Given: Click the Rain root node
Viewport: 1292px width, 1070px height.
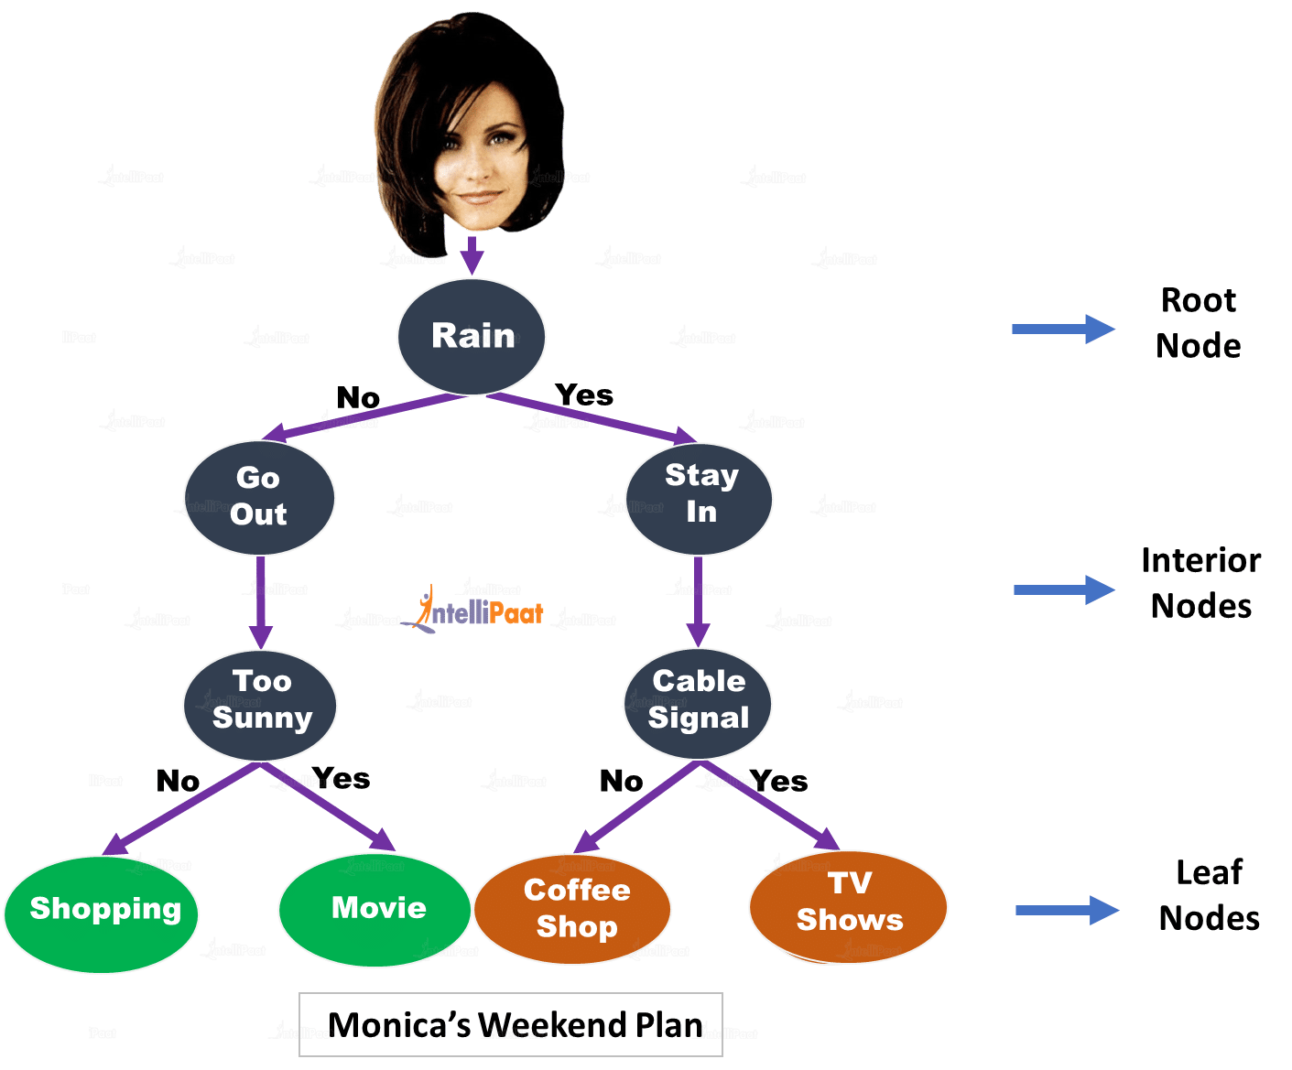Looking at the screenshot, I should click(x=472, y=336).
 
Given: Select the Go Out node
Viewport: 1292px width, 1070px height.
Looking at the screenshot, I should click(x=259, y=496).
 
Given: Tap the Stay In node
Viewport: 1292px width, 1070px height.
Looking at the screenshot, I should click(x=700, y=494).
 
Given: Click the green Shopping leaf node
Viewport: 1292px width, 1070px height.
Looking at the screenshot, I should click(x=103, y=912).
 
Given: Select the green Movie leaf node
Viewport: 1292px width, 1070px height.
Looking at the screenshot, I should click(x=376, y=908).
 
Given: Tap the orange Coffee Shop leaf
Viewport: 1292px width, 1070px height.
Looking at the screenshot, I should click(x=574, y=908).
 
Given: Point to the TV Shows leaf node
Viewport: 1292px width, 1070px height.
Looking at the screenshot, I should click(x=848, y=904).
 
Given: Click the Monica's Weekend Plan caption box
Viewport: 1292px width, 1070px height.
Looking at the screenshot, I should click(x=511, y=1024).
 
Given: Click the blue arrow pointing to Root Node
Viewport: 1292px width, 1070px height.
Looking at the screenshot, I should click(x=1062, y=330).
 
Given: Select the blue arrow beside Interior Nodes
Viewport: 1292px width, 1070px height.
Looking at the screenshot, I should click(x=1063, y=589).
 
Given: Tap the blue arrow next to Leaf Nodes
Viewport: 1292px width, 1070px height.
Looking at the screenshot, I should click(x=1067, y=910).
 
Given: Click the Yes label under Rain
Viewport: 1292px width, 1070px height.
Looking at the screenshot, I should click(x=584, y=395).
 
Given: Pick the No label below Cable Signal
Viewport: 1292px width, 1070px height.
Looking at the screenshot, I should click(x=621, y=781).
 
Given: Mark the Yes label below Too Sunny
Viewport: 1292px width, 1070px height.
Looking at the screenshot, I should click(x=342, y=779).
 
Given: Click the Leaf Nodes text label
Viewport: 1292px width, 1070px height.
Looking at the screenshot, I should click(x=1209, y=895).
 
